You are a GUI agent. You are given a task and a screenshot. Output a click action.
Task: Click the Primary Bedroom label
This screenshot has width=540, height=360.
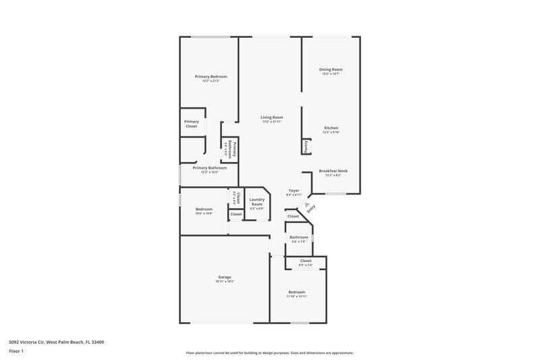tap(211, 77)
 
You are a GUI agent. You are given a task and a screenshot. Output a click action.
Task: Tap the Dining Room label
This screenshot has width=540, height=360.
tap(331, 70)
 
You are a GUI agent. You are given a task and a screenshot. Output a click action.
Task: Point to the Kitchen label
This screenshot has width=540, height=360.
tap(331, 128)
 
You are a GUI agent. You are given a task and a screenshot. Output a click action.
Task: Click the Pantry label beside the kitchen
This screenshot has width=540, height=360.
tap(306, 147)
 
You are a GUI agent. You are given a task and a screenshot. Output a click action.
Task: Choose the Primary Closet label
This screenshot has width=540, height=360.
tap(191, 124)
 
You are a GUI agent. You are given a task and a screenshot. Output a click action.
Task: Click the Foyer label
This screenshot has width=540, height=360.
tap(294, 191)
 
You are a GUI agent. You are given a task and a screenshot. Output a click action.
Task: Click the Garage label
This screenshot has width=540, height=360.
tap(225, 277)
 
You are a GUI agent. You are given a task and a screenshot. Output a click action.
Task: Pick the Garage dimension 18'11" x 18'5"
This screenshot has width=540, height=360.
tap(225, 282)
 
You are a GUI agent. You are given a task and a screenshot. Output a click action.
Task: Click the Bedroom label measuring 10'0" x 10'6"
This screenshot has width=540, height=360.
tap(204, 209)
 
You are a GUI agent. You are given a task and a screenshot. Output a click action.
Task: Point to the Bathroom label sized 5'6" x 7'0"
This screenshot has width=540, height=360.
tap(299, 237)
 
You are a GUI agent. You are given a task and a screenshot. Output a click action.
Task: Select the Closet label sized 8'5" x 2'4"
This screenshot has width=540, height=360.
tap(306, 260)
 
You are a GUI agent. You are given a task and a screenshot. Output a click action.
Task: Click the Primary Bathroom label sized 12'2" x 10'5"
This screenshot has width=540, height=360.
tap(209, 168)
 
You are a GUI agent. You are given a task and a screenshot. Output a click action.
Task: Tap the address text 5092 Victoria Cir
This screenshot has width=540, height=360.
tap(57, 342)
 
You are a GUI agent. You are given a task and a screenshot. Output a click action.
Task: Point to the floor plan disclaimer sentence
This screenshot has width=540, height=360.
tap(269, 353)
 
